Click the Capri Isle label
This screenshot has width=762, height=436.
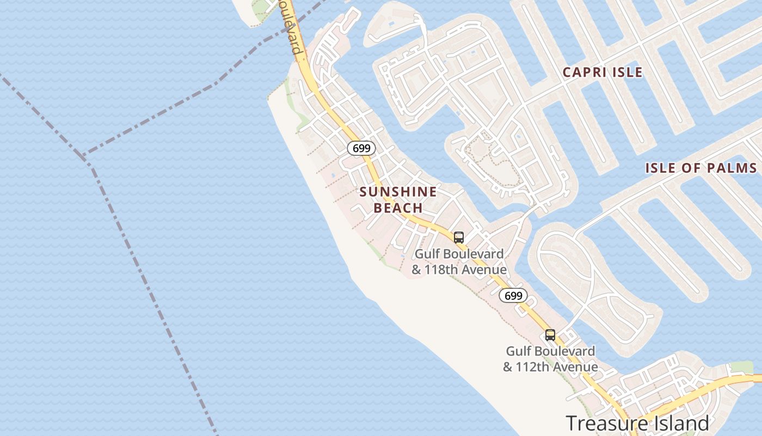click(603, 72)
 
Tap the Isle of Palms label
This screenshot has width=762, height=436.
click(701, 168)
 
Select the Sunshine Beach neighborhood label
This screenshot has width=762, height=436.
click(398, 199)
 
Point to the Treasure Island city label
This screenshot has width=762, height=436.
click(637, 423)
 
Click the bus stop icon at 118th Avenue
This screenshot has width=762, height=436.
click(459, 238)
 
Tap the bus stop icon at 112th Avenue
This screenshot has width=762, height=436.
click(550, 335)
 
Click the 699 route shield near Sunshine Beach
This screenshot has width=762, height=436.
click(361, 148)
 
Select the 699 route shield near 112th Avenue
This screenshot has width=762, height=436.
click(513, 295)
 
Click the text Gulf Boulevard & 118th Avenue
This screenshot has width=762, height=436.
click(459, 262)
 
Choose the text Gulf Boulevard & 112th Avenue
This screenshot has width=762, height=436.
click(550, 359)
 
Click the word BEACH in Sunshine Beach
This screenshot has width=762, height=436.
click(398, 208)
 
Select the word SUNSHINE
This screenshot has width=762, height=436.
click(398, 192)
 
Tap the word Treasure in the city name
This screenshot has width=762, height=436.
click(601, 423)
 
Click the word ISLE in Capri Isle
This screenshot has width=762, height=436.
click(629, 72)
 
